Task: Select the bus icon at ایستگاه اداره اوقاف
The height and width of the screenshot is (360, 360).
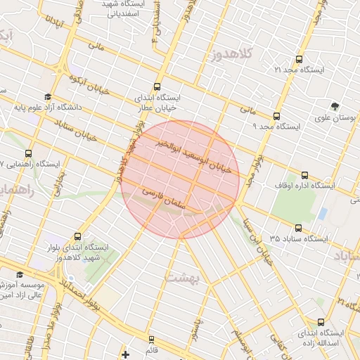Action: tap(304, 175)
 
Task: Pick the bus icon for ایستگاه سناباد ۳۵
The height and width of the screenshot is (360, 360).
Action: tap(299, 228)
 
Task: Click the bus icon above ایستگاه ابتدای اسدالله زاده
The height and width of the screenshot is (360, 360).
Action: tap(321, 322)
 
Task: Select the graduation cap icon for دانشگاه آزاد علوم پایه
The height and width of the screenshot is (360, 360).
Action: tap(48, 97)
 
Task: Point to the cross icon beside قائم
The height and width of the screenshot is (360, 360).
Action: tap(126, 354)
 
